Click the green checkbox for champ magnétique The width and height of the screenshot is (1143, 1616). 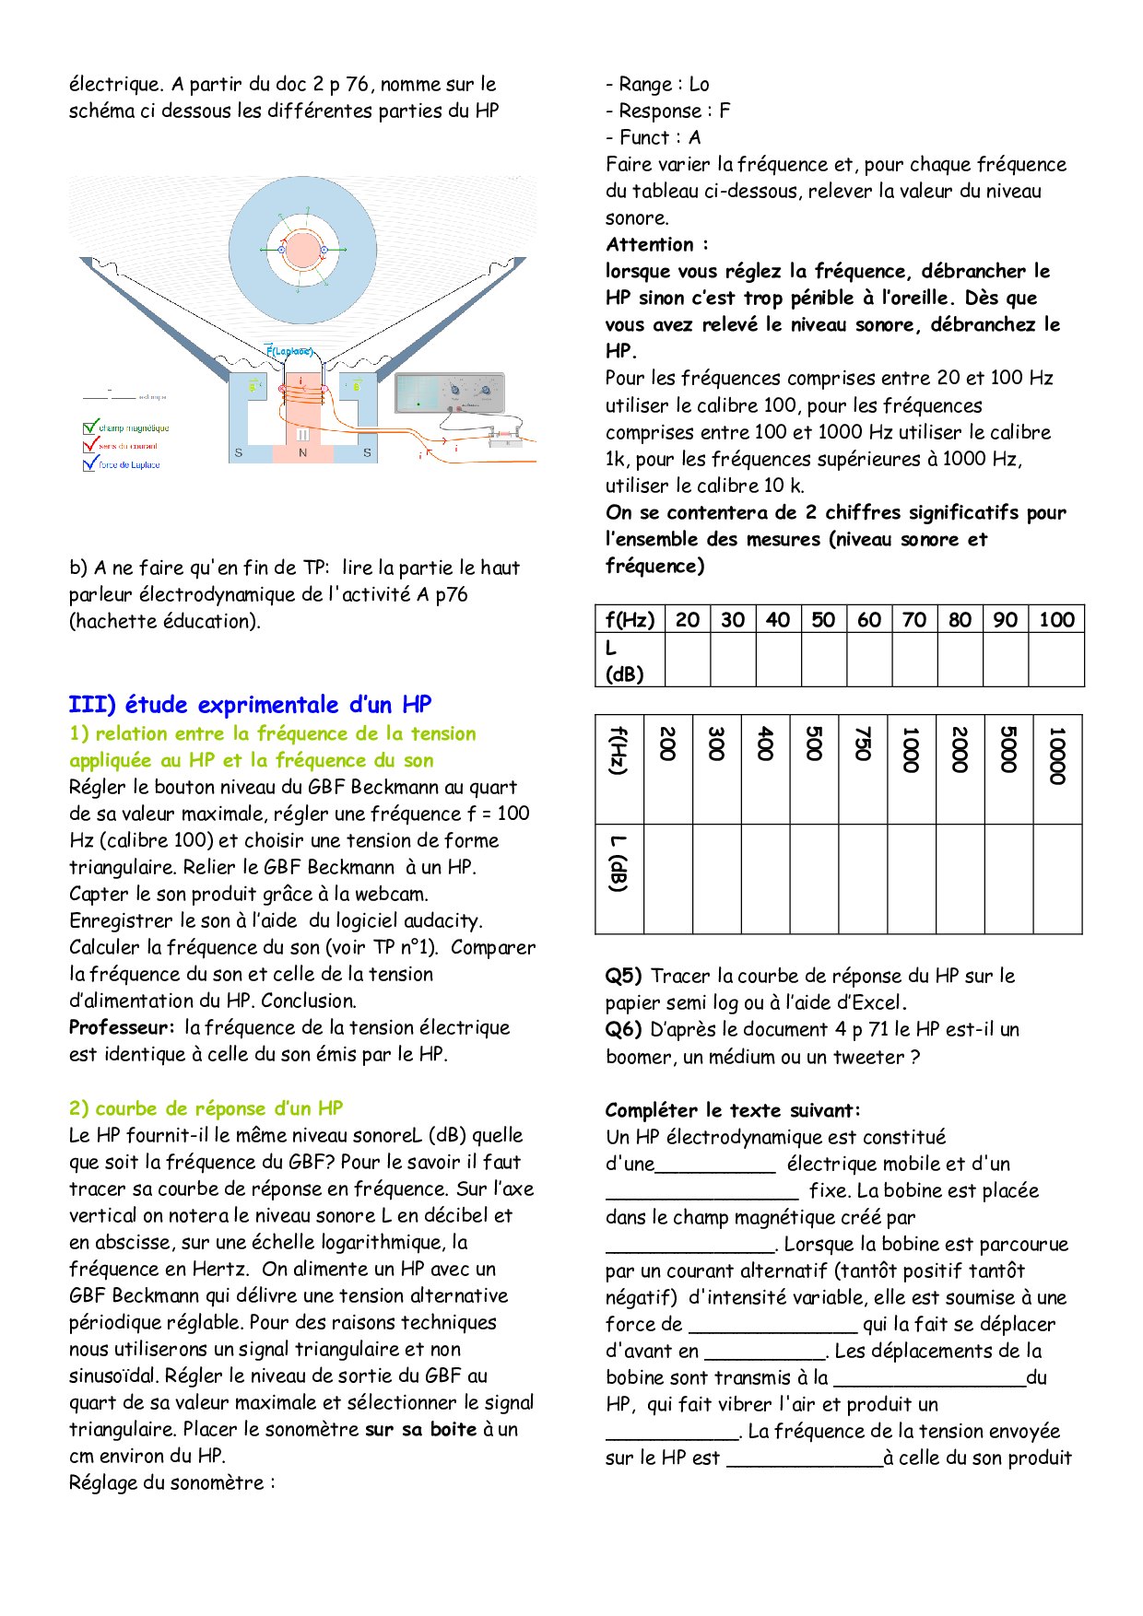click(x=90, y=427)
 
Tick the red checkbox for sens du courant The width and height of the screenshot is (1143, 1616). click(x=90, y=445)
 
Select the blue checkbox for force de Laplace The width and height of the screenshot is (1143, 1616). click(x=90, y=464)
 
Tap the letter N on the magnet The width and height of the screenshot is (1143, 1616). click(x=302, y=453)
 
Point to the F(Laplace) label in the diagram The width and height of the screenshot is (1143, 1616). click(x=289, y=351)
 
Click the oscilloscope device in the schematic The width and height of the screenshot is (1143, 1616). click(x=450, y=393)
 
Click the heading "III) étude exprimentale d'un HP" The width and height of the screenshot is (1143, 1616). click(x=250, y=705)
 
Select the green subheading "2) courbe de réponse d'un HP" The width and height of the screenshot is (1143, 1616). click(x=206, y=1108)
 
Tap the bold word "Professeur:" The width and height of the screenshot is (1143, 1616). click(x=122, y=1027)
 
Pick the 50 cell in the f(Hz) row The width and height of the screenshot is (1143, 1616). click(x=823, y=619)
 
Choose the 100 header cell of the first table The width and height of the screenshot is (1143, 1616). click(x=1056, y=619)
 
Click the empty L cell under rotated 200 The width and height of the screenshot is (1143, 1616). click(x=667, y=878)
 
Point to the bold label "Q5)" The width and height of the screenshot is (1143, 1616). click(x=624, y=976)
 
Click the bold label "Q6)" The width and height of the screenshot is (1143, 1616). click(x=624, y=1029)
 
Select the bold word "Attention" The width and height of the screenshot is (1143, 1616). click(x=650, y=244)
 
